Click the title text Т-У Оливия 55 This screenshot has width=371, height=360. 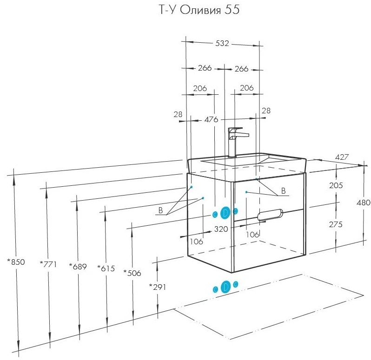pyautogui.click(x=199, y=10)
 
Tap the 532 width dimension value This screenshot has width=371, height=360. pyautogui.click(x=222, y=43)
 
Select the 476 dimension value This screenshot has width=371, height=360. pyautogui.click(x=211, y=119)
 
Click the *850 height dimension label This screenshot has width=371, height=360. pyautogui.click(x=16, y=262)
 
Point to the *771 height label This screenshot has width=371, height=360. pyautogui.click(x=48, y=264)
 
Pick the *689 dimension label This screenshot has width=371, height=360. pyautogui.click(x=78, y=267)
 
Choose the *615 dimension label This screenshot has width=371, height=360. pyautogui.click(x=106, y=268)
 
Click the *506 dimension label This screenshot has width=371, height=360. pyautogui.click(x=132, y=273)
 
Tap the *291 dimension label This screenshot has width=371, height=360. pyautogui.click(x=158, y=287)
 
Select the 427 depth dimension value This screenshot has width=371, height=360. pyautogui.click(x=342, y=157)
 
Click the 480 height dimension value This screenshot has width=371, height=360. pyautogui.click(x=364, y=203)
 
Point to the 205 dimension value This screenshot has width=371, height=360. pyautogui.click(x=336, y=185)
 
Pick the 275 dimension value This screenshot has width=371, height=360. pyautogui.click(x=336, y=224)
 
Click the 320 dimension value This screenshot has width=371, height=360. pyautogui.click(x=221, y=229)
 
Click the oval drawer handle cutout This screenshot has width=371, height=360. pyautogui.click(x=270, y=215)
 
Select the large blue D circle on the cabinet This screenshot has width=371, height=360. pyautogui.click(x=225, y=213)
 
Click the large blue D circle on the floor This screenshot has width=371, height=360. pyautogui.click(x=225, y=287)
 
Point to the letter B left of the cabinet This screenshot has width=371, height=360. pyautogui.click(x=161, y=210)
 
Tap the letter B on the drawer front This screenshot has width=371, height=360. pyautogui.click(x=283, y=191)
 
